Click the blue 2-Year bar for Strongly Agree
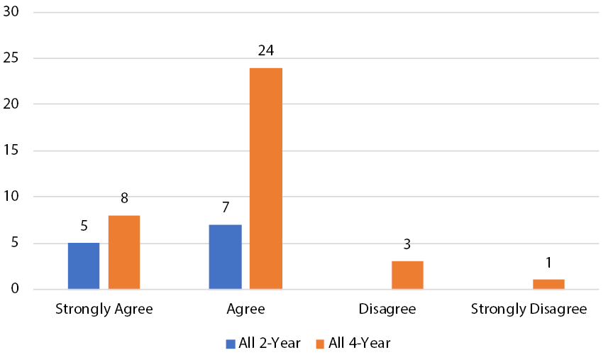tap(84, 266)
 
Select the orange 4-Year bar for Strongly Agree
tap(124, 252)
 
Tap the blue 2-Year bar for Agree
tap(225, 256)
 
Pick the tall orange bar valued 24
tap(266, 178)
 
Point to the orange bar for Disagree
tap(407, 275)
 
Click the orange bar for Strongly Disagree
tap(548, 284)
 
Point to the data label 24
tap(266, 51)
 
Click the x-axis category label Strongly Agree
tap(104, 310)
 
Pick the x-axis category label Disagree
tap(387, 310)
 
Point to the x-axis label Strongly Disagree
tap(529, 310)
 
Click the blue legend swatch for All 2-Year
tap(231, 344)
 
